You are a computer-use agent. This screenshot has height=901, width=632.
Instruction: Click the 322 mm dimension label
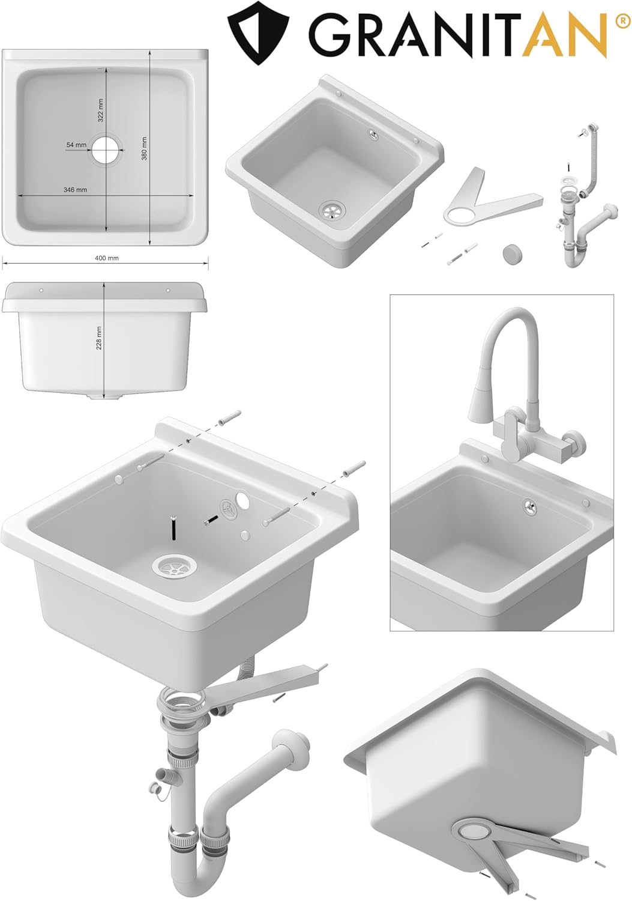coord(100,110)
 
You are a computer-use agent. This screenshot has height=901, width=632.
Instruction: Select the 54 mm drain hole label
coord(76,145)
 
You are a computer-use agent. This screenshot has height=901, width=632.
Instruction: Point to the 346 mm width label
coord(75,190)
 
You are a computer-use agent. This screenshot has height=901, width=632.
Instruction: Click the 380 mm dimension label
coord(144,148)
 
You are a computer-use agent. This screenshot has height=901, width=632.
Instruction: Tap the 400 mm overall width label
coord(107,258)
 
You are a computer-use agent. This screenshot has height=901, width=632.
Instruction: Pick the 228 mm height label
coord(99,338)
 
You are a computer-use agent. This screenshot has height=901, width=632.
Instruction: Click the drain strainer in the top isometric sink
coord(332,210)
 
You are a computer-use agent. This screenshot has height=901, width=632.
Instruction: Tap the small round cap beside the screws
coord(511,253)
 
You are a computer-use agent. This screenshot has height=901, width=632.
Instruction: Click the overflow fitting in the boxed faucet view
coord(529,506)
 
